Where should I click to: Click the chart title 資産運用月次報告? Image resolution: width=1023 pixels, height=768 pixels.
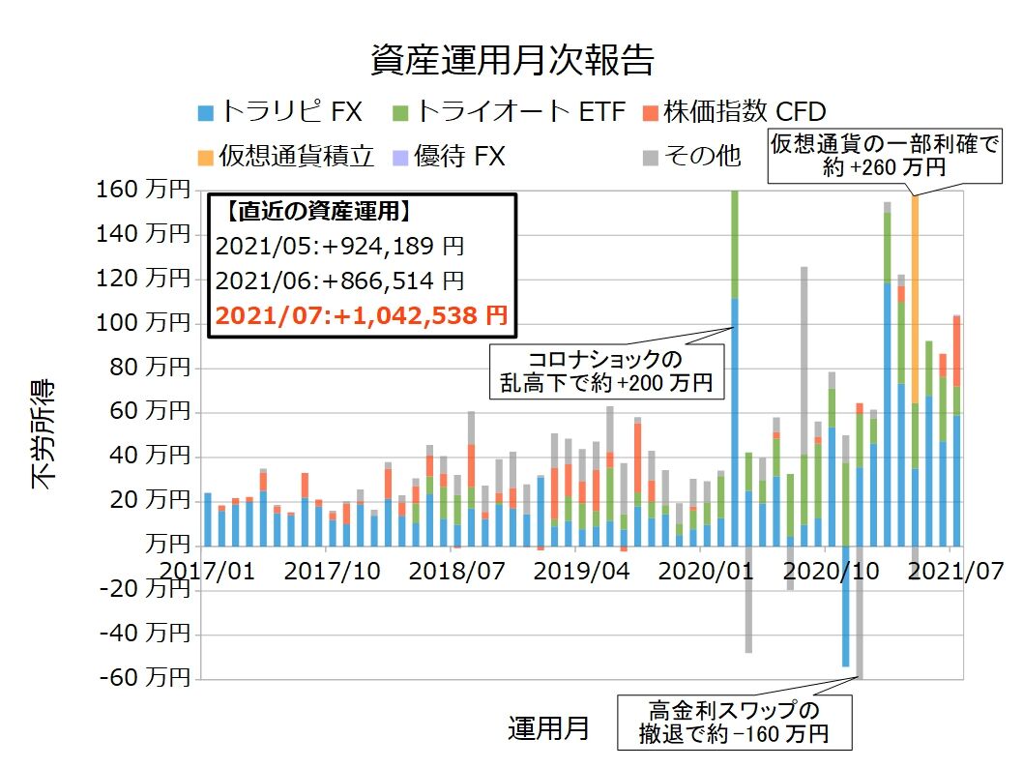[511, 60]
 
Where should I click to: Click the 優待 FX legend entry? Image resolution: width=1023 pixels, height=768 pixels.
[458, 155]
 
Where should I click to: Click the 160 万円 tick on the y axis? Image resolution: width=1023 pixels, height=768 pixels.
[143, 190]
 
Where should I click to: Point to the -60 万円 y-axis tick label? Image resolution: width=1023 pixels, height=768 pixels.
[143, 678]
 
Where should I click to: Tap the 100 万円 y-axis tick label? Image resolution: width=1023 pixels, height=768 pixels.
[143, 323]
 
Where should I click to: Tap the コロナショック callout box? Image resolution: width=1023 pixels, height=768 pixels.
[605, 369]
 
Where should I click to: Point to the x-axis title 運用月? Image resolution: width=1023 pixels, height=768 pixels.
[548, 727]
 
